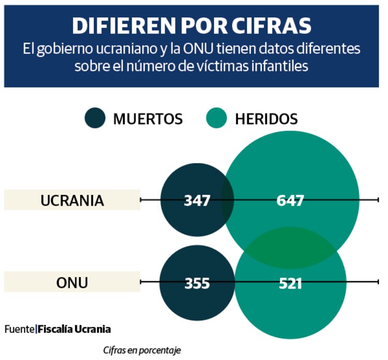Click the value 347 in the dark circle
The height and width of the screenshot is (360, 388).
tap(197, 200)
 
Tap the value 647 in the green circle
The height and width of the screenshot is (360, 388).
tap(290, 200)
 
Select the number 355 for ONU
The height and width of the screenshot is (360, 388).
tap(197, 283)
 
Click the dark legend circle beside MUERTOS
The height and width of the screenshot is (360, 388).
tap(95, 119)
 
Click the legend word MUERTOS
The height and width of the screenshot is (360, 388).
tap(148, 119)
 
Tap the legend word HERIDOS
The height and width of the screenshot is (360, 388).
tap(266, 119)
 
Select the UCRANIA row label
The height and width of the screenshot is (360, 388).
tap(72, 200)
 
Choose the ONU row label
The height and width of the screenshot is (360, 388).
tap(72, 283)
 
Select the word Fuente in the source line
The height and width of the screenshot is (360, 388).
tap(20, 329)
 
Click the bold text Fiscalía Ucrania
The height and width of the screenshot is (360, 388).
tap(74, 329)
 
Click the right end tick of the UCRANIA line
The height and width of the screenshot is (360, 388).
tap(379, 200)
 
